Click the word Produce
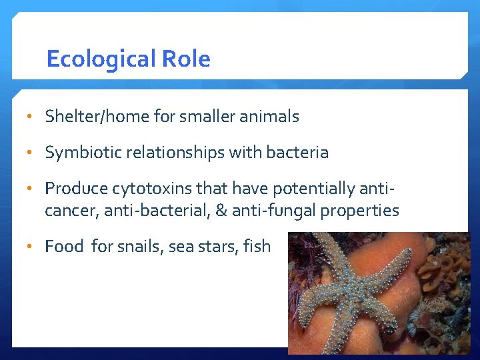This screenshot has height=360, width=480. point(76,189)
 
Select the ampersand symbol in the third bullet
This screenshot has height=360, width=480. point(221,211)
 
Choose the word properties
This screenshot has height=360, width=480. point(360,211)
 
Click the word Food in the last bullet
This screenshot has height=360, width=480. point(64,247)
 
